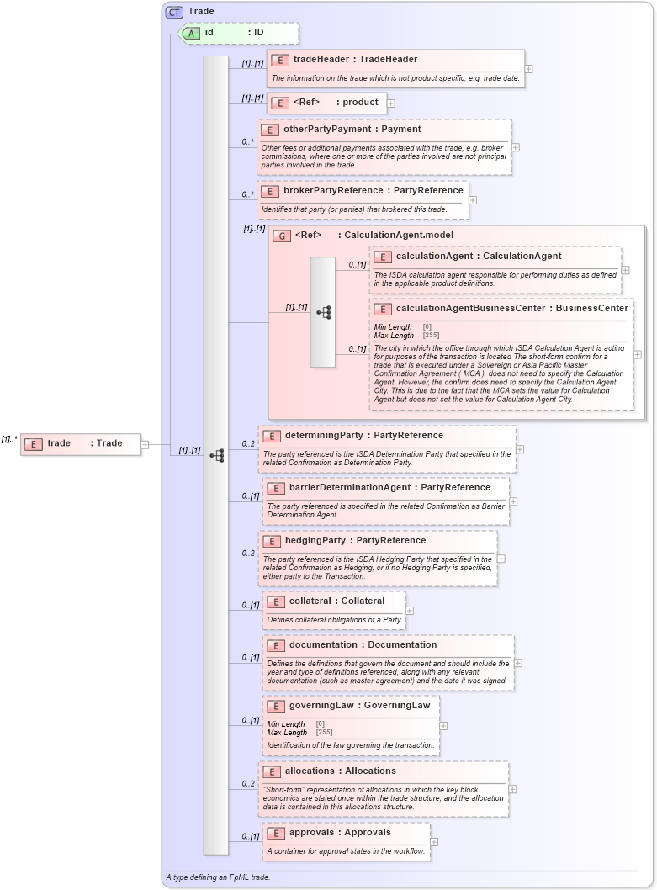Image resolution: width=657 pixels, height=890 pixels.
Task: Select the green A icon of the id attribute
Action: (191, 33)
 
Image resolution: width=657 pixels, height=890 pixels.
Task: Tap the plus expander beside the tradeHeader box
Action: (528, 69)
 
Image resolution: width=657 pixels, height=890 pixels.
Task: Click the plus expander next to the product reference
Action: (391, 103)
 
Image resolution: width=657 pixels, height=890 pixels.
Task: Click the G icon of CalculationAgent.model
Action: (282, 236)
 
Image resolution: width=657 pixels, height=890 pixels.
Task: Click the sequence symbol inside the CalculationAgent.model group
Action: (324, 312)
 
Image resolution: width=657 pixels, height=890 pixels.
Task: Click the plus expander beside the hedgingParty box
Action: (501, 558)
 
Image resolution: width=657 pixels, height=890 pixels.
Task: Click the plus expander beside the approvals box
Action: (434, 841)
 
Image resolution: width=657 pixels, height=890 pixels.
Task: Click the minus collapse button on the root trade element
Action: (146, 444)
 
